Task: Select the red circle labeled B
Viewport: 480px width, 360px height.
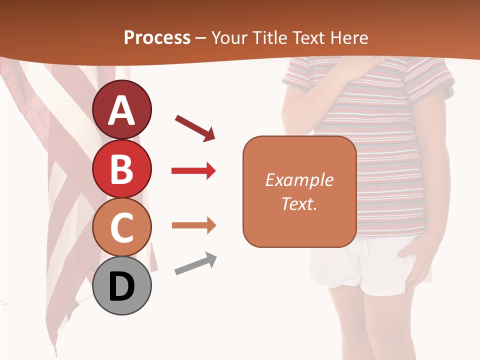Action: pos(122,169)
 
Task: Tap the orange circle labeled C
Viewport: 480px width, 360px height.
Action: pos(122,227)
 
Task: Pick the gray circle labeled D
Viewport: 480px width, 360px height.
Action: pos(122,285)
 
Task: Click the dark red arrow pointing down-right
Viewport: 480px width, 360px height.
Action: pos(195,127)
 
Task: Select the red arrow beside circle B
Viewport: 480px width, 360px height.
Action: pos(193,171)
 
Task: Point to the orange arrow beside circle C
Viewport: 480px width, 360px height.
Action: pos(193,225)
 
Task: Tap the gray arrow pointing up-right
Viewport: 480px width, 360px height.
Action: pos(195,263)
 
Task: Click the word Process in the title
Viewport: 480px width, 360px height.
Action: pos(157,38)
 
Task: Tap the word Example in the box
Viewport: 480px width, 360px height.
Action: pos(299,180)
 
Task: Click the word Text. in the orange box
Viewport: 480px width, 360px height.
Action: pos(299,204)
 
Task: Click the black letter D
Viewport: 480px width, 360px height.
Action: pos(122,286)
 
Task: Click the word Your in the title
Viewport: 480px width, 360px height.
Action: pos(228,38)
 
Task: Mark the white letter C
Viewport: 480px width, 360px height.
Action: pos(122,228)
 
